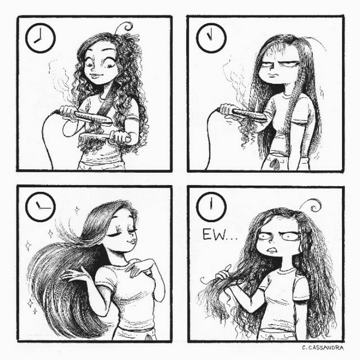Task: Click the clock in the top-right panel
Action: (211, 38)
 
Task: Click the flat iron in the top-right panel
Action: (242, 112)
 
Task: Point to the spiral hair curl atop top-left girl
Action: (126, 26)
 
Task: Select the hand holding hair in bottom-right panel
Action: (225, 273)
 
